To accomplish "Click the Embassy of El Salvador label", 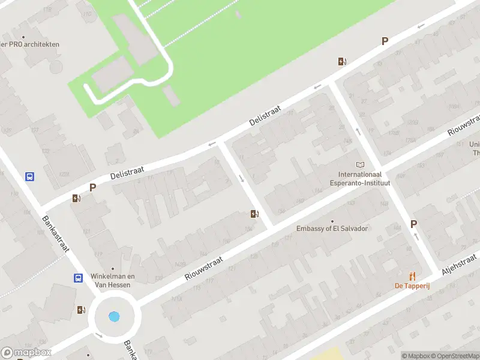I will coord(332,229).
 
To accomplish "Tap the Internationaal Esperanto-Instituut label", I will coord(360,178).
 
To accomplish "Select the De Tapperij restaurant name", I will coord(412,286).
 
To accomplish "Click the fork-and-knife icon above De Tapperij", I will coord(412,275).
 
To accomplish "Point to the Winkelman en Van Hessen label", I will coord(112,280).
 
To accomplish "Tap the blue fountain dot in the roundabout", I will coord(114,316).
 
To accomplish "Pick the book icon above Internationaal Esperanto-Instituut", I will coord(360,165).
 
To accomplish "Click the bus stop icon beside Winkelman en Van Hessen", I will coord(78,278).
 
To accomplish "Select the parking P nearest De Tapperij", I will coord(413,224).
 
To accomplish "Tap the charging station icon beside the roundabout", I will coord(81,310).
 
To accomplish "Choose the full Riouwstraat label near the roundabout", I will coord(204,268).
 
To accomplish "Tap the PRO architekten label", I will coord(30,44).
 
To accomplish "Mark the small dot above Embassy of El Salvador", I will coord(332,221).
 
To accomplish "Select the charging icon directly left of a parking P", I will coord(76,199).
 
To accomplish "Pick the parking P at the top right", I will coord(385,41).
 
